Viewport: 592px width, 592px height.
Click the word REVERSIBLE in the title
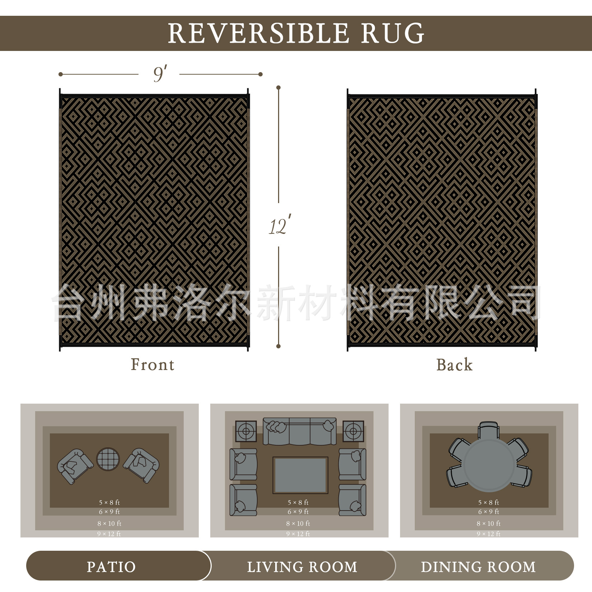pyautogui.click(x=258, y=33)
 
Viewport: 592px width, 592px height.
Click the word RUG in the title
pyautogui.click(x=393, y=33)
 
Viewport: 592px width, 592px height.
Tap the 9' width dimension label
pyautogui.click(x=160, y=74)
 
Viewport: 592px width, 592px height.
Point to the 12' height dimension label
pyautogui.click(x=279, y=225)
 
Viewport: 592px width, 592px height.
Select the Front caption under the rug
pyautogui.click(x=152, y=365)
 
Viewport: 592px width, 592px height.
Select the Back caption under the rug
pyautogui.click(x=454, y=365)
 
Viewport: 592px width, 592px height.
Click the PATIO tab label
pyautogui.click(x=111, y=567)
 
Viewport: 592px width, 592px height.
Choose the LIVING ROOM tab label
pyautogui.click(x=302, y=567)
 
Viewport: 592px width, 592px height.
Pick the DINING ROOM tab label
pyautogui.click(x=478, y=567)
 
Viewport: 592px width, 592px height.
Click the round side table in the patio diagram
pyautogui.click(x=108, y=459)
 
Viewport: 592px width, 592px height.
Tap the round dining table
pyautogui.click(x=489, y=465)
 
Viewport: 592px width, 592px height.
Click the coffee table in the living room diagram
pyautogui.click(x=300, y=475)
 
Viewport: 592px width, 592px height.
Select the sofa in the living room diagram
pyautogui.click(x=300, y=431)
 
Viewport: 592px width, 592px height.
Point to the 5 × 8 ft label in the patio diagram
pyautogui.click(x=109, y=502)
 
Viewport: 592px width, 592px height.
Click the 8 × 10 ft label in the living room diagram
pyautogui.click(x=298, y=523)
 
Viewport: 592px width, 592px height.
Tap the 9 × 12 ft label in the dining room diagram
pyautogui.click(x=488, y=534)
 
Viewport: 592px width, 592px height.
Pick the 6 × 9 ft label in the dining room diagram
pyautogui.click(x=488, y=512)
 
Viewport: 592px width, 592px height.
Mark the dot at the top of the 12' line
pyautogui.click(x=278, y=88)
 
